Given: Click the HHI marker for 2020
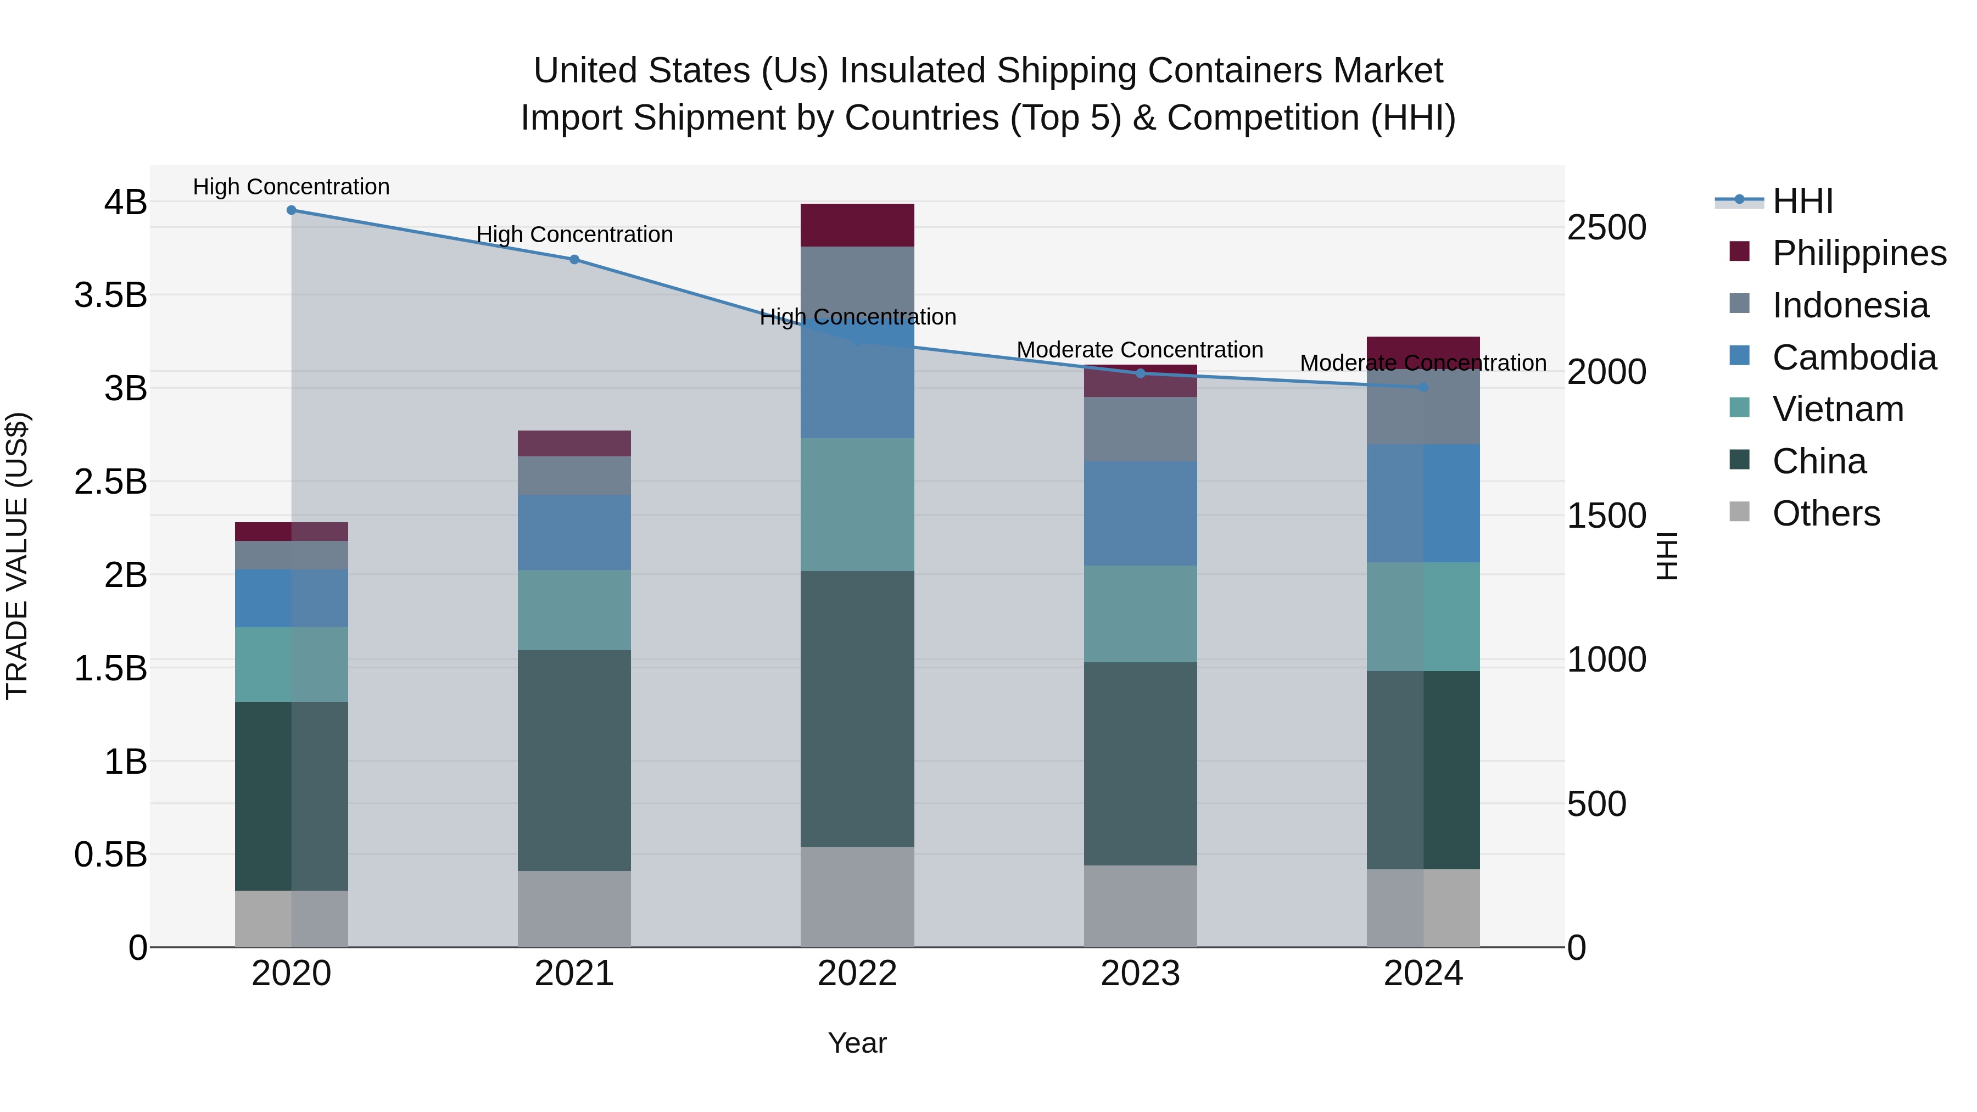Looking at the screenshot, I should point(291,210).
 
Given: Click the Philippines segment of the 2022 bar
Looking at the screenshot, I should point(857,225).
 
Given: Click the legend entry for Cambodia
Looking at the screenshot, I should point(1853,357).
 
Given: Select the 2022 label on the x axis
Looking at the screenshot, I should point(857,974).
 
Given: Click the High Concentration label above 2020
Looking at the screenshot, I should point(291,187).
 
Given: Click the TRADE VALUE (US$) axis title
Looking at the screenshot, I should point(17,556).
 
